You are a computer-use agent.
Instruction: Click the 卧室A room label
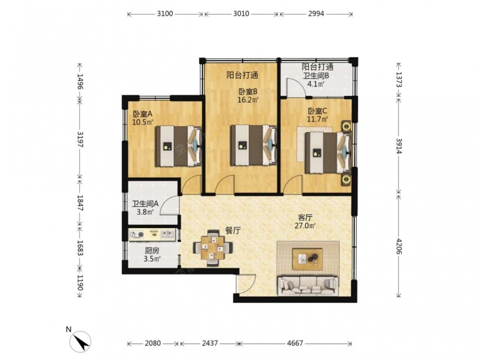[x=143, y=114]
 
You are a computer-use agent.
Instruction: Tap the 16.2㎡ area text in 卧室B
[x=248, y=99]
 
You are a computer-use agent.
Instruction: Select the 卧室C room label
[x=317, y=111]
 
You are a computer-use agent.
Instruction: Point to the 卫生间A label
[x=145, y=204]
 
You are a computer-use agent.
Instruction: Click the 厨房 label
[x=152, y=251]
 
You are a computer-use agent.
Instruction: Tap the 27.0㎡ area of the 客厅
[x=305, y=226]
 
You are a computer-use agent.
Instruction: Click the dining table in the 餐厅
[x=213, y=248]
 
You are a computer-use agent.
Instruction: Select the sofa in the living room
[x=308, y=286]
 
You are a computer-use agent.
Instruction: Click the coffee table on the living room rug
[x=307, y=259]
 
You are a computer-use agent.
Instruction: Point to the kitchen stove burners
[x=136, y=235]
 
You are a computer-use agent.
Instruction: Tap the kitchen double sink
[x=167, y=235]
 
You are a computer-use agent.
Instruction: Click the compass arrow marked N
[x=81, y=342]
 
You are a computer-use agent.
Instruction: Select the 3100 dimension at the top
[x=165, y=14]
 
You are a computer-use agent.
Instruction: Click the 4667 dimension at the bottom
[x=295, y=343]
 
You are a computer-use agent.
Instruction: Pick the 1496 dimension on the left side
[x=80, y=82]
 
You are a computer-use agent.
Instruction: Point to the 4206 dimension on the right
[x=399, y=245]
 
